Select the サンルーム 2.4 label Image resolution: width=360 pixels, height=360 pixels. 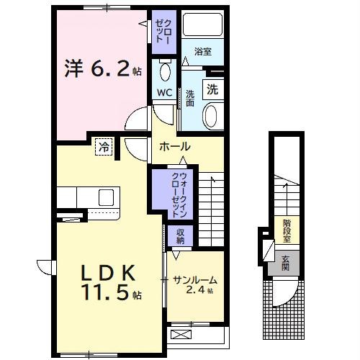[194, 284]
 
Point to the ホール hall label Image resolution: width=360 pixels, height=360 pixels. [174, 146]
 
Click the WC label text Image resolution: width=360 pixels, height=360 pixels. [164, 93]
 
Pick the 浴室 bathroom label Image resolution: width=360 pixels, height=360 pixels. [202, 52]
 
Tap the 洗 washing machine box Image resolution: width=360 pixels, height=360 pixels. [212, 90]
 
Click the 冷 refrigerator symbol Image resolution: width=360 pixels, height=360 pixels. [104, 148]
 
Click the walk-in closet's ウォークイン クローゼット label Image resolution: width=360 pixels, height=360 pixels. [178, 194]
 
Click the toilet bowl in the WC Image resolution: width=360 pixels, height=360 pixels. [165, 72]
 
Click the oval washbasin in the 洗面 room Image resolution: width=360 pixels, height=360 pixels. [212, 115]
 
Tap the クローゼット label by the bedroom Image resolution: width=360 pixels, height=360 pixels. [161, 30]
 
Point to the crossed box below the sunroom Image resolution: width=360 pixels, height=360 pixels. [180, 335]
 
